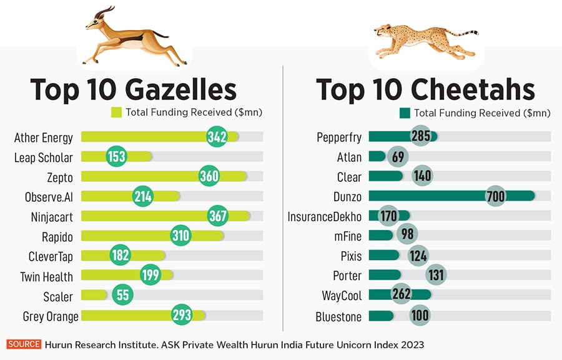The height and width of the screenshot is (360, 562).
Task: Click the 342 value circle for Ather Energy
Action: point(217,137)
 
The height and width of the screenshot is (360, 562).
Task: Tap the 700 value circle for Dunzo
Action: point(495,196)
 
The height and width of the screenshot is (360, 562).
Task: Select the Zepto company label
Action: point(60,177)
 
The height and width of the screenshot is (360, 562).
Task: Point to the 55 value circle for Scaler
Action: point(122,296)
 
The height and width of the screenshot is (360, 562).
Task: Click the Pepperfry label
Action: point(339,137)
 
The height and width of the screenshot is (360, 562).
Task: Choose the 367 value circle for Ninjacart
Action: point(218,216)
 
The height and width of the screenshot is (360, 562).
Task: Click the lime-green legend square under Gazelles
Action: point(116,112)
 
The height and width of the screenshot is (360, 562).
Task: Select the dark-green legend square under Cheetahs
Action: point(404,113)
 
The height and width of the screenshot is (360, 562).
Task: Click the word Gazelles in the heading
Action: point(180,89)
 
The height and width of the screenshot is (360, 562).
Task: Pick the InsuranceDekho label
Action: point(324,217)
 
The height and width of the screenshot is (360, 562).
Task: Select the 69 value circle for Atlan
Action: point(398,157)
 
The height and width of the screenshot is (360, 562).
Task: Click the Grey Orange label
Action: point(51,316)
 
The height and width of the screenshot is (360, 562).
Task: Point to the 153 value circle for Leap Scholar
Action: point(117,157)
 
